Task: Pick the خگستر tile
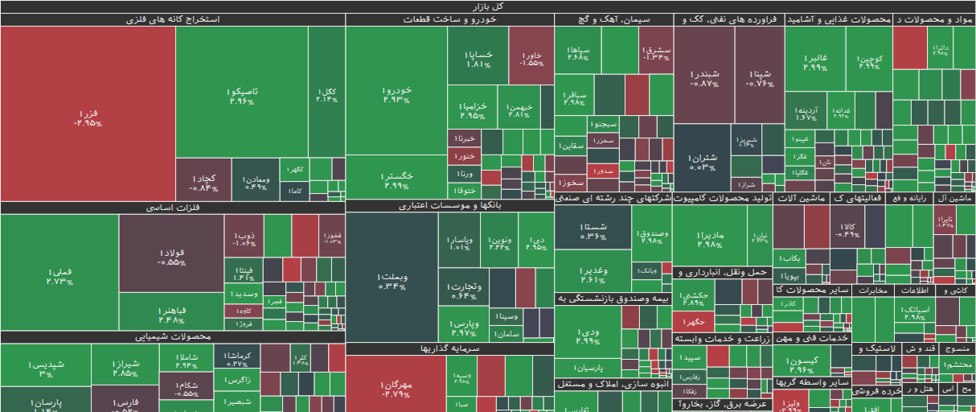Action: (397, 179)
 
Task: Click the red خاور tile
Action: (531, 57)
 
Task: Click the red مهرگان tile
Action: (396, 389)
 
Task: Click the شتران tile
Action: (701, 161)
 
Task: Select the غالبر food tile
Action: (816, 61)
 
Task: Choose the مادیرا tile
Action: (710, 238)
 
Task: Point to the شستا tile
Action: (593, 231)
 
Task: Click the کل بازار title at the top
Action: (488, 6)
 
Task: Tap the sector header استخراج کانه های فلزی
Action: (173, 19)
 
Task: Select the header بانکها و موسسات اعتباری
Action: (449, 206)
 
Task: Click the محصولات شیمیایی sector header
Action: (173, 336)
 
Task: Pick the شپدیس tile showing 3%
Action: (45, 369)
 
